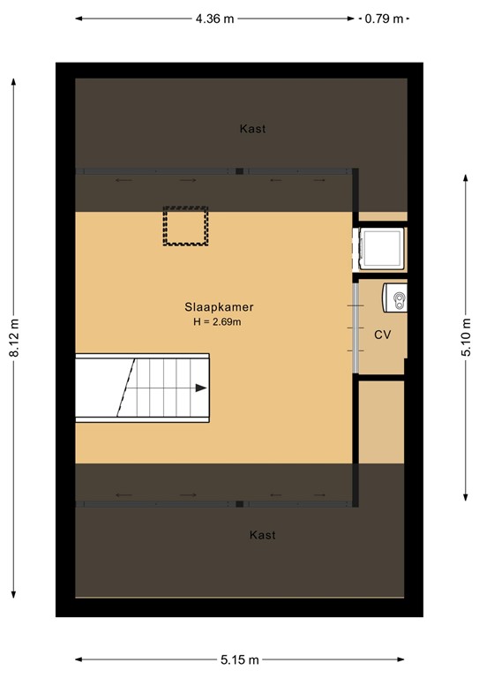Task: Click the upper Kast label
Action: (252, 129)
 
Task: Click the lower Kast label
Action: (262, 535)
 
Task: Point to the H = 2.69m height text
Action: (217, 322)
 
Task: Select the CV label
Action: (383, 335)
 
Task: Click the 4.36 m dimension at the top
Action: (215, 18)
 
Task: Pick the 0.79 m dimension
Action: (384, 18)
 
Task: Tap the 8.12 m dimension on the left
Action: (14, 338)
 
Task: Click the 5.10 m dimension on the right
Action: (466, 336)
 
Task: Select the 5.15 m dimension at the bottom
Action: (240, 659)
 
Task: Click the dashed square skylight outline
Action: (185, 226)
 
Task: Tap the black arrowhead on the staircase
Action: (202, 388)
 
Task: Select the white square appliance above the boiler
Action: (381, 249)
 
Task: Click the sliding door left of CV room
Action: (355, 327)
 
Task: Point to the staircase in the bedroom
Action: (141, 387)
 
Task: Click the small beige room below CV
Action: (382, 421)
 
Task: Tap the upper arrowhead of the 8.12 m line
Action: (14, 81)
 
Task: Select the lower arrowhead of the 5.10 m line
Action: (466, 496)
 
